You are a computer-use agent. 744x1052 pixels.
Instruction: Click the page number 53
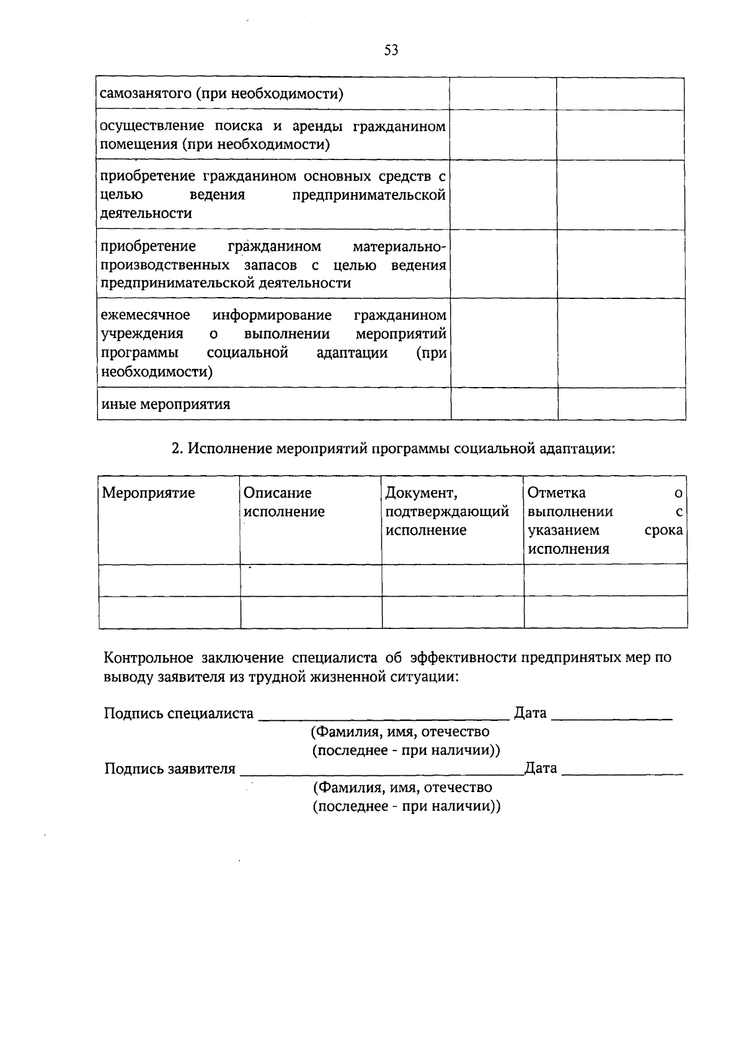click(x=391, y=50)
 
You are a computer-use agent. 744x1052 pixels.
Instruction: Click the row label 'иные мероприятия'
click(x=166, y=404)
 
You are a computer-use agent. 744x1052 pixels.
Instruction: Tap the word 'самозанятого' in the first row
click(x=143, y=94)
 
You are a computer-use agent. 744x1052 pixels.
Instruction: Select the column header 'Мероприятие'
click(x=148, y=493)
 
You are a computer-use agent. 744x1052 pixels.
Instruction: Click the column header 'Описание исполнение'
click(x=284, y=502)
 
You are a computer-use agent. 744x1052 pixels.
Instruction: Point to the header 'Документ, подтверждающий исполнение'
click(x=447, y=512)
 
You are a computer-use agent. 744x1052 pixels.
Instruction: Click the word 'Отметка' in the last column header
click(x=556, y=493)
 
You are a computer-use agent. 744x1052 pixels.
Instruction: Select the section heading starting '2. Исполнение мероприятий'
click(x=393, y=448)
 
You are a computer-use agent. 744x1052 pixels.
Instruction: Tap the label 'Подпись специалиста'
click(x=179, y=713)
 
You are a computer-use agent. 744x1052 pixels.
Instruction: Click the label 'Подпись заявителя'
click(x=170, y=769)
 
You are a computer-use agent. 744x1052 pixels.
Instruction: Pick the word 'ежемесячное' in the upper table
click(x=146, y=315)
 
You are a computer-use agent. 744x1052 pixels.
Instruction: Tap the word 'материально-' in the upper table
click(x=399, y=247)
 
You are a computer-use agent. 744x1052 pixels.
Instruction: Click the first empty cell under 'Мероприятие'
click(x=169, y=580)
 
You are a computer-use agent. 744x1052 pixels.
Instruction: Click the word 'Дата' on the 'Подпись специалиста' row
click(x=530, y=713)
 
